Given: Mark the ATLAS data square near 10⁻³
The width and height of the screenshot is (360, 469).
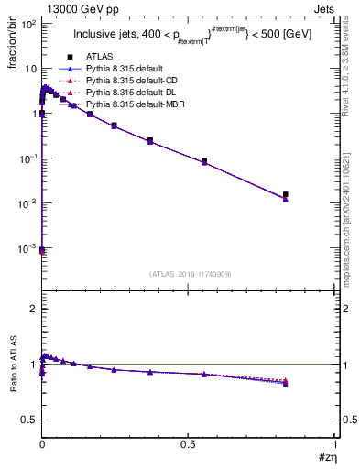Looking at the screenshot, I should point(42,249).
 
